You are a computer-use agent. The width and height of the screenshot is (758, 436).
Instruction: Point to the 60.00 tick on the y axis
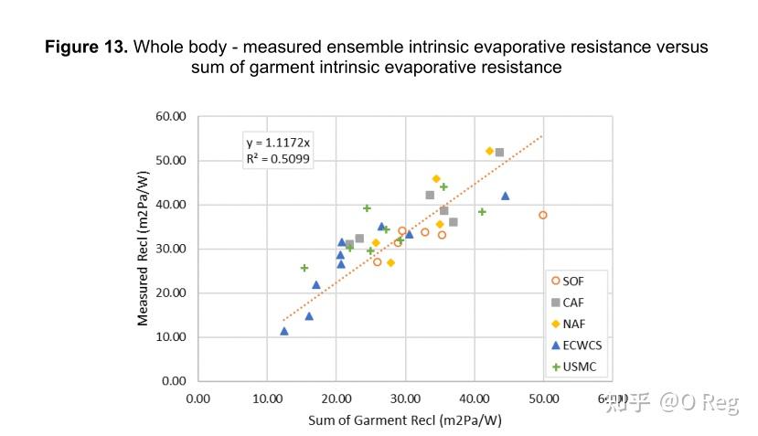pos(173,116)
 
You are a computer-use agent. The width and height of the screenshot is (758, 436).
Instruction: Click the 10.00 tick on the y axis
pos(173,337)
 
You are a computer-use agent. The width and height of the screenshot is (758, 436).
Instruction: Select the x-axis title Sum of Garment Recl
pos(405,420)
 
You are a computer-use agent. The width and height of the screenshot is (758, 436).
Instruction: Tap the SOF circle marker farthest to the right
pos(543,215)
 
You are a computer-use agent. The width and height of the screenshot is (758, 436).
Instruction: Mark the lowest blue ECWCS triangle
pos(284,331)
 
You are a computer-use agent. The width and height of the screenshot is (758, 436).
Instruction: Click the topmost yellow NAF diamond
pos(489,151)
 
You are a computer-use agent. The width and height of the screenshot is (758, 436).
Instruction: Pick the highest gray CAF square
pos(499,152)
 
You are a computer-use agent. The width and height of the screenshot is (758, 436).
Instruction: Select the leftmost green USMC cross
pos(304,268)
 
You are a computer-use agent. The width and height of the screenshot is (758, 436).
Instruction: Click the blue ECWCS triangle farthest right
pos(505,196)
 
